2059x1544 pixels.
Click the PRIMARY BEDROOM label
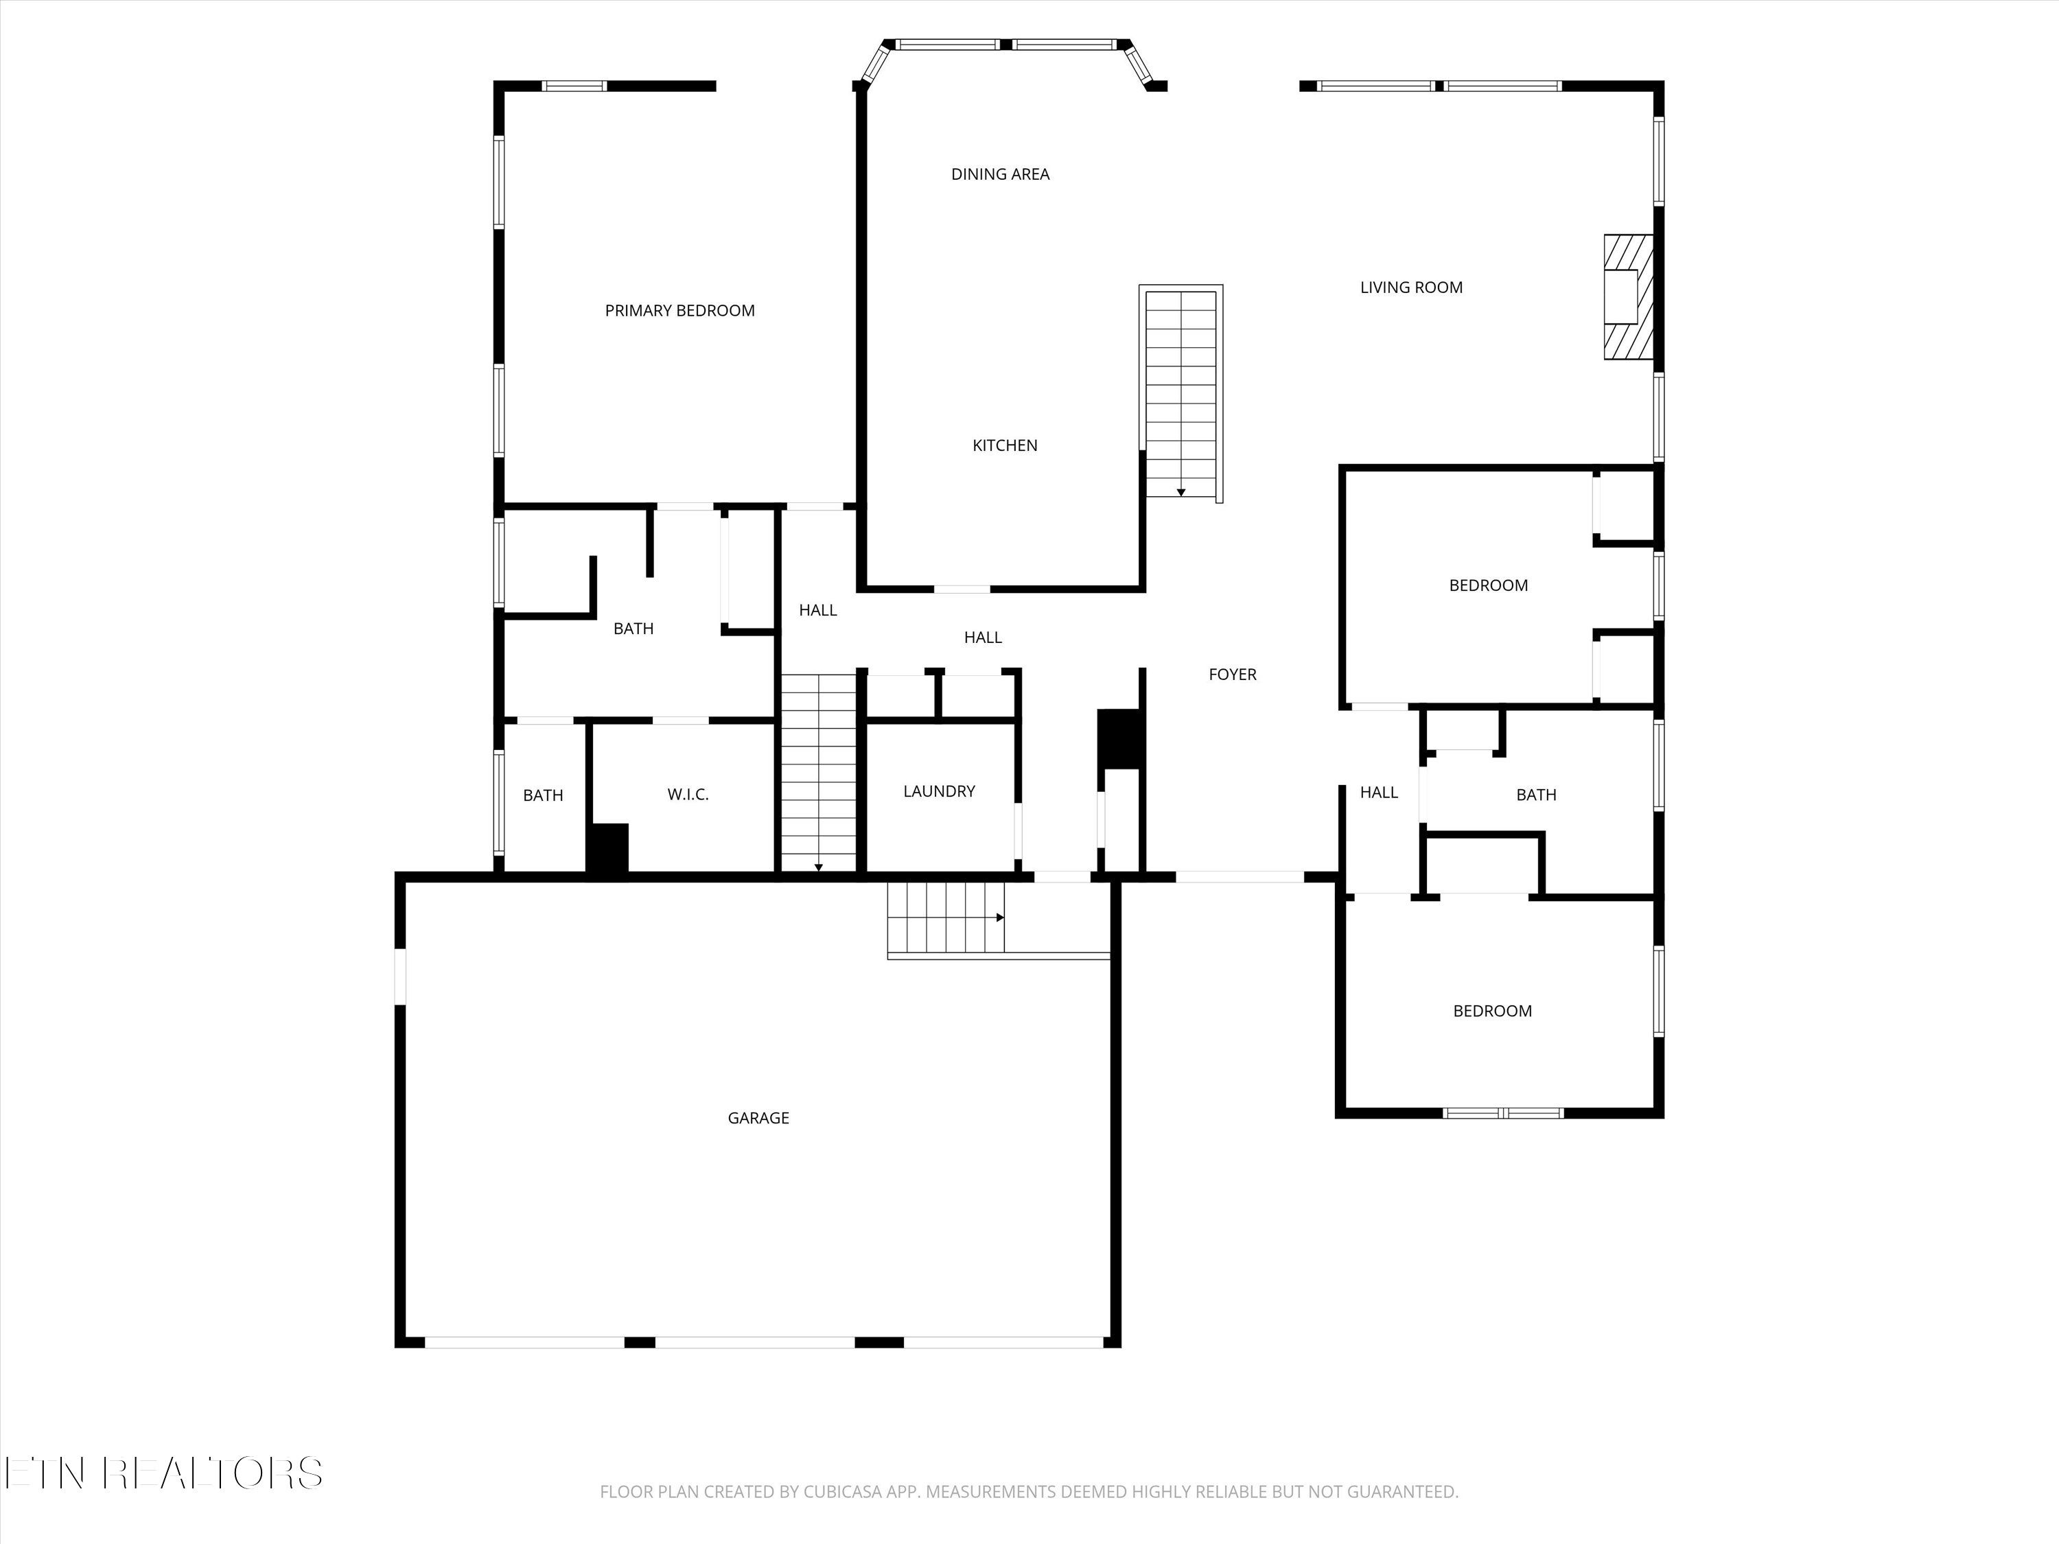pyautogui.click(x=679, y=311)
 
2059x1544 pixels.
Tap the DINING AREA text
pyautogui.click(x=1000, y=174)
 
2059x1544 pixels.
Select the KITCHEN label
pyautogui.click(x=1004, y=446)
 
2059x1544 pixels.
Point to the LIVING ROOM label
pyautogui.click(x=1411, y=288)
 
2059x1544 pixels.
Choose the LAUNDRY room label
pyautogui.click(x=938, y=791)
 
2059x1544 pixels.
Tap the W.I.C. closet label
pyautogui.click(x=688, y=795)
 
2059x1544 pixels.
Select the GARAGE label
pyautogui.click(x=758, y=1118)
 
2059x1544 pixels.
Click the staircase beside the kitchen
pyautogui.click(x=1180, y=394)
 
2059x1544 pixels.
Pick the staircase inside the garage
pyautogui.click(x=946, y=917)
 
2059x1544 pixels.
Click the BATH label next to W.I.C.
pyautogui.click(x=543, y=796)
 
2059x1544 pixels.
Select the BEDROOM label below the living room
pyautogui.click(x=1487, y=585)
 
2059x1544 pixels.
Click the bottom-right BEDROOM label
pyautogui.click(x=1492, y=1011)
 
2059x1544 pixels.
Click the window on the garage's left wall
pyautogui.click(x=400, y=976)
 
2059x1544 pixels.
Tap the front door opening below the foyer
pyautogui.click(x=1239, y=877)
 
